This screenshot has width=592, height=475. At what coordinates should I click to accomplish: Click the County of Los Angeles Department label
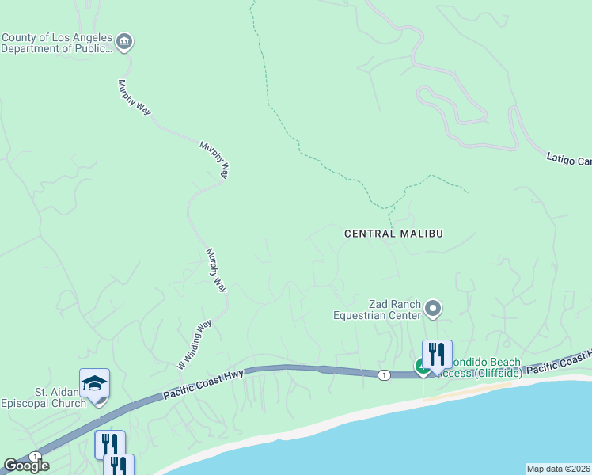coord(55,43)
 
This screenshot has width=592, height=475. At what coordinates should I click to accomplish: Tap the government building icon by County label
coord(124,42)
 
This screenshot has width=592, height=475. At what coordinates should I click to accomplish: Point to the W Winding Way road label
coord(195,344)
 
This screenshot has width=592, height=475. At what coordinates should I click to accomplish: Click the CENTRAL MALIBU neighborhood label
coord(393,234)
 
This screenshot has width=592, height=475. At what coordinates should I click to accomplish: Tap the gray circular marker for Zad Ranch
coord(433,307)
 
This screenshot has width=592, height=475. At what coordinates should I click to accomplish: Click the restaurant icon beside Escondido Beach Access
coord(437,354)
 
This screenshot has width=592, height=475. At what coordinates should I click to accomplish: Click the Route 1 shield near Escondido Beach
coord(383,374)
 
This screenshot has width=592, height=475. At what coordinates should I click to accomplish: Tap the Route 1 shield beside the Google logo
coord(35,456)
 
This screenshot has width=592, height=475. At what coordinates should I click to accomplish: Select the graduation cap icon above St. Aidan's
coord(94,383)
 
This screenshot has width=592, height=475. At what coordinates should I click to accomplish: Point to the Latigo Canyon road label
coord(569,159)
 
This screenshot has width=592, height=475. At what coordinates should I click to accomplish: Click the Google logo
coord(26,465)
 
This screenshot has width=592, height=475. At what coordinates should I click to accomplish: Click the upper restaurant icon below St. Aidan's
coord(110,444)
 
